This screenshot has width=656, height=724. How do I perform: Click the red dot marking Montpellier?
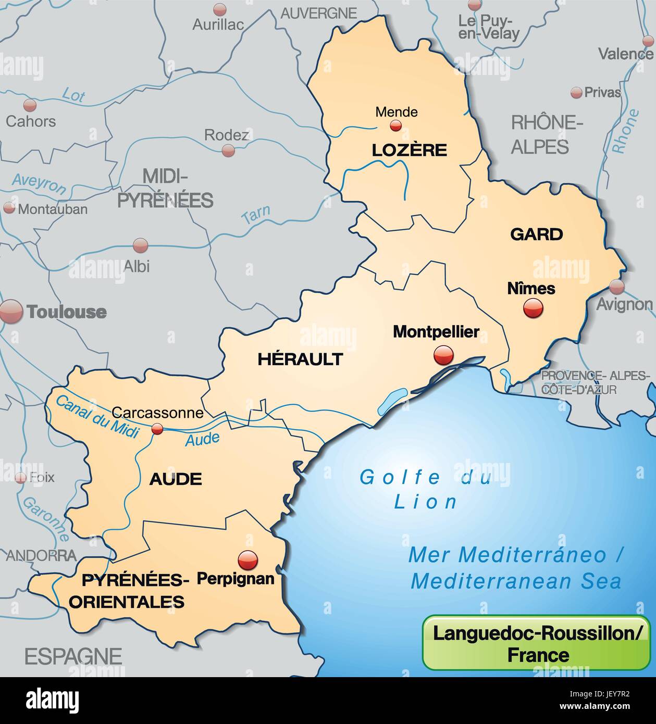coord(443,356)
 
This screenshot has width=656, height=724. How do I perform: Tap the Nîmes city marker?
coord(533,308)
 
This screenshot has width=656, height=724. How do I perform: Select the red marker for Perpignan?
coord(247,560)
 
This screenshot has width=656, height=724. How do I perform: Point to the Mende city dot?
coord(396,125)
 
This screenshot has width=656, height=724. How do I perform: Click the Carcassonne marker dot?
coord(157,429)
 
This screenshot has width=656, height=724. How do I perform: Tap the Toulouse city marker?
coord(11,311)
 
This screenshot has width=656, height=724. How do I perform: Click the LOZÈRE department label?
coord(409,150)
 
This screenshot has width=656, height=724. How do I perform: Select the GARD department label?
coord(537,234)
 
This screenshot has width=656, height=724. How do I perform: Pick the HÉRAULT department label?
coord(300,358)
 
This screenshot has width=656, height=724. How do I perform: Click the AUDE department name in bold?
coord(176,479)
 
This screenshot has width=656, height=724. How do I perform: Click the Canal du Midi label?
coord(96,416)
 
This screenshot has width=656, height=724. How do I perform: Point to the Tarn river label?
coord(256,214)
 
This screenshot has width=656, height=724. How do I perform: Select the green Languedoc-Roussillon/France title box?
coord(536,642)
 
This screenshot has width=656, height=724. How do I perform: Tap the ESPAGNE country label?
coord(73,656)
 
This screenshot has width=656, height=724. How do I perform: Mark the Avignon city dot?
coord(617,286)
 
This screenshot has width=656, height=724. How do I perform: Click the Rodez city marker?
coord(228,151)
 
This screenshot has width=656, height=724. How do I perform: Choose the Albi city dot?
coord(140,245)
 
